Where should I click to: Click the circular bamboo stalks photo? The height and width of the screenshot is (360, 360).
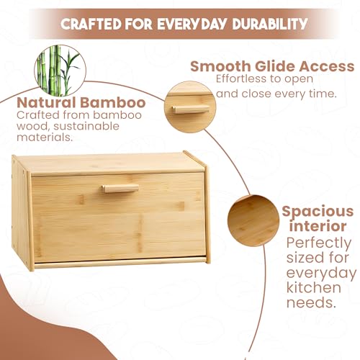tap(60, 71)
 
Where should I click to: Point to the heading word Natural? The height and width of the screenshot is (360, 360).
tap(46, 102)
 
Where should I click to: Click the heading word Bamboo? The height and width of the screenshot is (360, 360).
tap(113, 102)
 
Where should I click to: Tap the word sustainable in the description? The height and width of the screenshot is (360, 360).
tap(86, 127)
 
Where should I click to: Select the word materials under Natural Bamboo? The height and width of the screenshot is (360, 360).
tap(45, 138)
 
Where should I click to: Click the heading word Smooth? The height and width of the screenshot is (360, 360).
tap(220, 66)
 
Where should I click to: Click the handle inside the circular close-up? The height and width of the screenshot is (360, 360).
tap(190, 109)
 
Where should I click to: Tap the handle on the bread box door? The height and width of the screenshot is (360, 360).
tap(120, 188)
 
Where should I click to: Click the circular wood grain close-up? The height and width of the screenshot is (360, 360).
tap(253, 220)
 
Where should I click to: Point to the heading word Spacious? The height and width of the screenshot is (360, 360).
tap(318, 212)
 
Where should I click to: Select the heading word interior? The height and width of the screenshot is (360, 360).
tap(318, 226)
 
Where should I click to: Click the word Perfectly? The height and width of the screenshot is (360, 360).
tap(319, 243)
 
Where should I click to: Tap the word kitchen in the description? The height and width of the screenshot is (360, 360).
tap(314, 287)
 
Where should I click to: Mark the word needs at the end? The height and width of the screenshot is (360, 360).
tap(311, 303)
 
